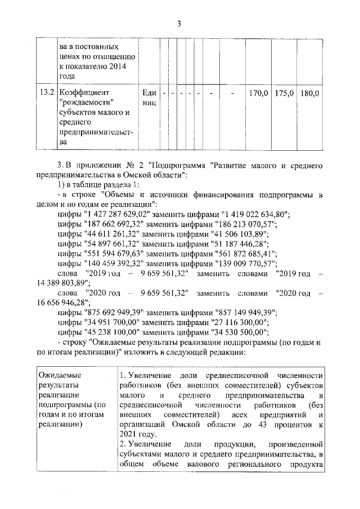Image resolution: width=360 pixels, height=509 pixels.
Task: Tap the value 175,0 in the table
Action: pyautogui.click(x=285, y=92)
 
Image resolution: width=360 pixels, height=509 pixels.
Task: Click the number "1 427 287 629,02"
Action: pyautogui.click(x=116, y=214)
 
